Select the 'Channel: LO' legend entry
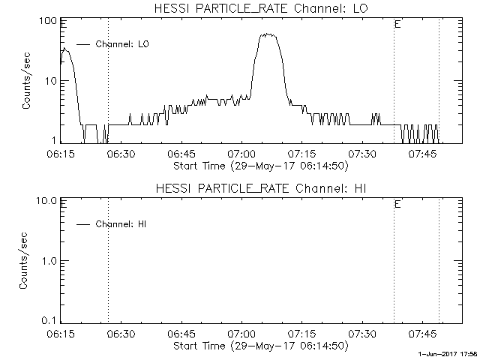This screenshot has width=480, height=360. [122, 45]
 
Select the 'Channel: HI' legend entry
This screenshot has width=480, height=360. [121, 224]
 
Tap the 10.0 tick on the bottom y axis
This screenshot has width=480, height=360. [45, 200]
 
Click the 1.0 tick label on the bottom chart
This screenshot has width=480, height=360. [47, 260]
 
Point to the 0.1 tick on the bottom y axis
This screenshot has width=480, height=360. [47, 320]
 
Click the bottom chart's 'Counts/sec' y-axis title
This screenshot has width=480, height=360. [26, 260]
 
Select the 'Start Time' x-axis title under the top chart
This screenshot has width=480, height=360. [259, 165]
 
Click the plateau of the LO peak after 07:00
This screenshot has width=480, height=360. [269, 35]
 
